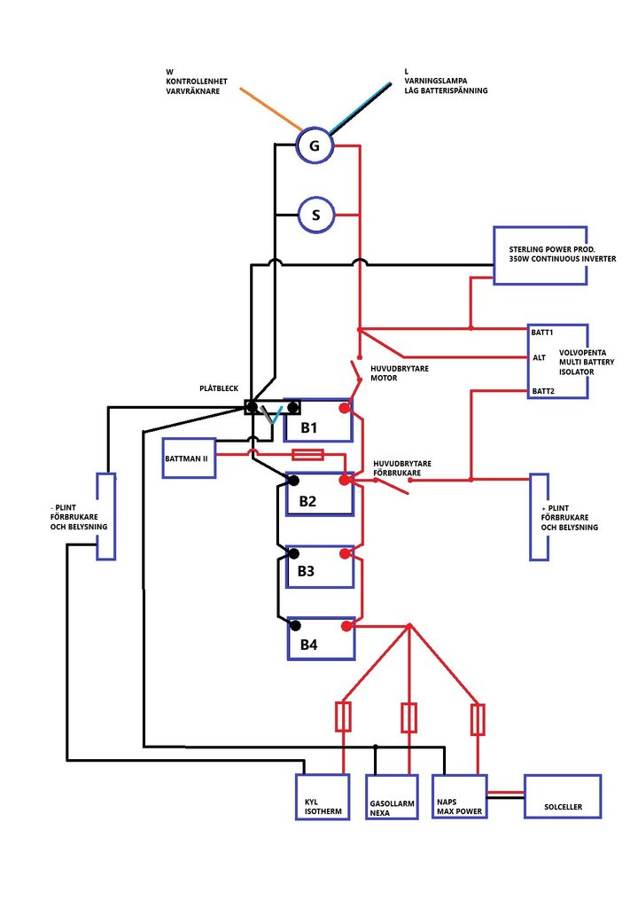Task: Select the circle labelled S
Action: pos(316,215)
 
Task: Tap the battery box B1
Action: pos(318,427)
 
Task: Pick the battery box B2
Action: pos(320,499)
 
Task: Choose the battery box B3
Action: pos(320,571)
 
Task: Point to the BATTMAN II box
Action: pos(189,458)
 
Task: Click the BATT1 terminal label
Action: pos(542,332)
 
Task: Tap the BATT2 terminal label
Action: pos(542,390)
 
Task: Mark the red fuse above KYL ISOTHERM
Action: pos(343,716)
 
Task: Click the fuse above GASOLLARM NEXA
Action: pos(408,717)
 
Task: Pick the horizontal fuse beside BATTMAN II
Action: pos(307,455)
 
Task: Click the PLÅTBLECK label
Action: pos(220,387)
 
